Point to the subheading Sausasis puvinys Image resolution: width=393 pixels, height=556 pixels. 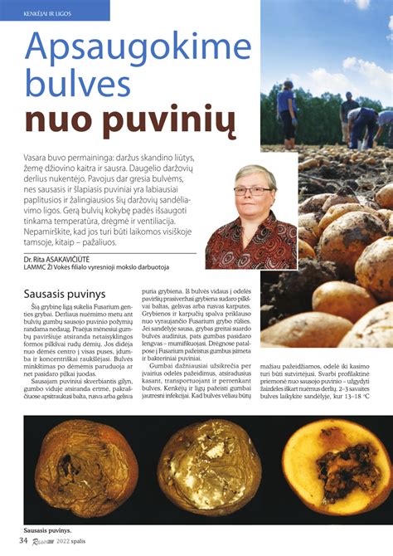pos(66,294)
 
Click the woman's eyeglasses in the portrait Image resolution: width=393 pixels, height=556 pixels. pos(252,190)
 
